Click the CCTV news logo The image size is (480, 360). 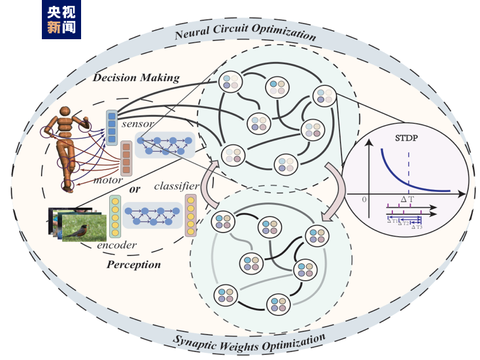click(x=61, y=19)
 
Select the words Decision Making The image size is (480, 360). click(x=135, y=78)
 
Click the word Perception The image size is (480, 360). click(x=133, y=265)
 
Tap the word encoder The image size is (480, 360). click(x=117, y=245)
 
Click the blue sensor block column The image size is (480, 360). click(x=112, y=127)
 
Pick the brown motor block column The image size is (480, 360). click(x=127, y=158)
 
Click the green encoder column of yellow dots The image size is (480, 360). click(x=115, y=217)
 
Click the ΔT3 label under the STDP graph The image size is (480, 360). click(x=416, y=226)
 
